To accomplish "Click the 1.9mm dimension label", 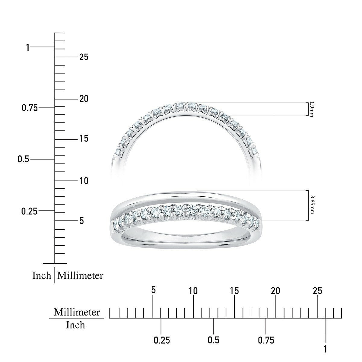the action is coord(311,109).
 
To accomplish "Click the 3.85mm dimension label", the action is coord(312,205).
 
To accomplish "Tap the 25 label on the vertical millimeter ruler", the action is coord(84,57).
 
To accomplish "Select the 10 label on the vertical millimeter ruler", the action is coord(84,181).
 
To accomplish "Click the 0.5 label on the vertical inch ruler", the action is coord(24,159).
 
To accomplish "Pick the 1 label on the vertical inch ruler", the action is coord(28,47).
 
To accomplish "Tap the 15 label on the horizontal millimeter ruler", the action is coord(234,291).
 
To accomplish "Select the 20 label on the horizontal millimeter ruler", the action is coord(275,291).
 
